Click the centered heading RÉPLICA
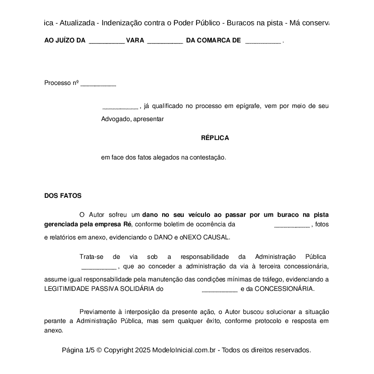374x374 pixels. click(215, 138)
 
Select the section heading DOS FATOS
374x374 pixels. click(63, 196)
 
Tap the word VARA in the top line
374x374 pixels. click(135, 41)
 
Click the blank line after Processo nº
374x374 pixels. click(98, 84)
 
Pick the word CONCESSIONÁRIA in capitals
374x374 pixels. click(284, 289)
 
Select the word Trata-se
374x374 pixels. click(91, 257)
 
